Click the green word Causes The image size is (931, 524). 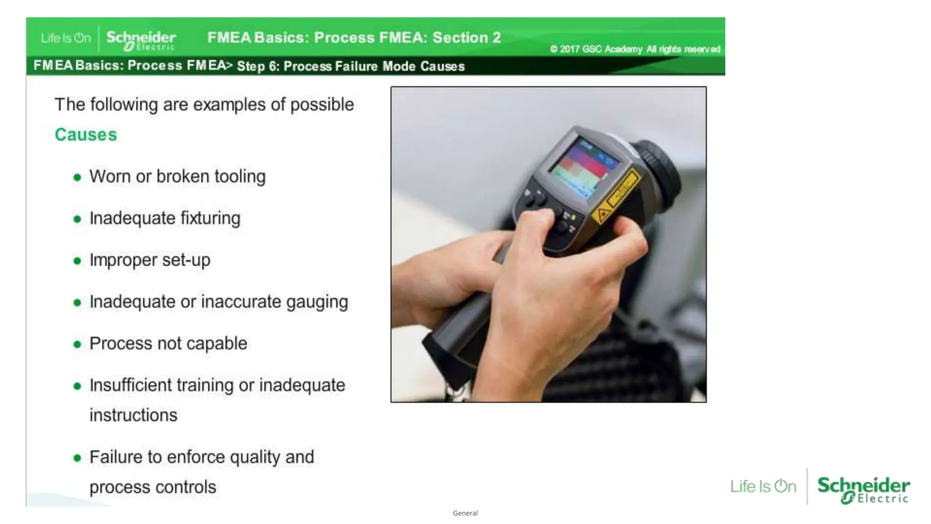click(x=85, y=135)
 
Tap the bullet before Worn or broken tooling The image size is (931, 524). click(x=77, y=177)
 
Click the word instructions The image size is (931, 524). click(x=133, y=415)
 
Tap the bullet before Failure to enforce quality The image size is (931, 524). click(x=77, y=458)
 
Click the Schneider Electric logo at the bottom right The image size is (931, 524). click(x=863, y=489)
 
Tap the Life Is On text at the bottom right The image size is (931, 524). click(x=763, y=486)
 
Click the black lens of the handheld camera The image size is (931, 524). click(x=659, y=164)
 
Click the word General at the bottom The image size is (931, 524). click(x=465, y=513)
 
